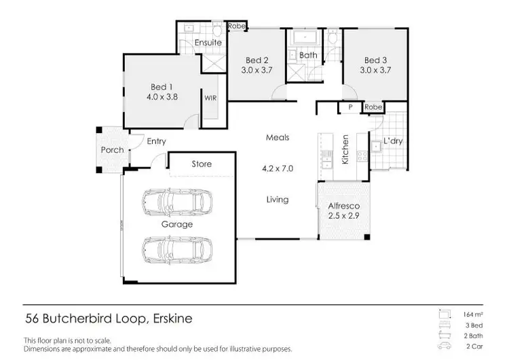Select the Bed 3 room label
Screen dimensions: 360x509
[375, 59]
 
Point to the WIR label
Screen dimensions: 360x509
[210, 97]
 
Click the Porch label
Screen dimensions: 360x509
[112, 149]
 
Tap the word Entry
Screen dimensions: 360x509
[156, 141]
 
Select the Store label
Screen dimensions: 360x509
[202, 164]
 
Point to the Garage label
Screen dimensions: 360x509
[176, 223]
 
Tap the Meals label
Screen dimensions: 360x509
[277, 137]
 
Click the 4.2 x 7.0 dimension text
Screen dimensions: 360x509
[277, 168]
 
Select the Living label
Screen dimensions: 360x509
[278, 199]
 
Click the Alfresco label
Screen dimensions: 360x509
[343, 206]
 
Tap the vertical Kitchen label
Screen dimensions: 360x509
[345, 149]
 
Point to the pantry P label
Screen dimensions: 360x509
[350, 107]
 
